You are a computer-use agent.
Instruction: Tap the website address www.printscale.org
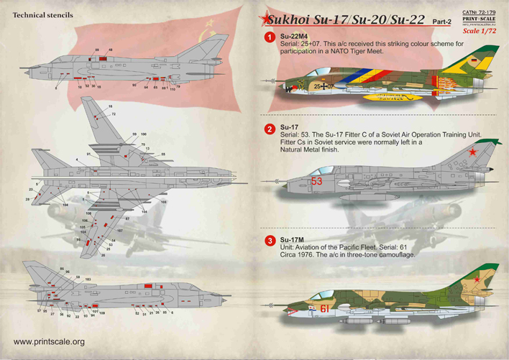tap(49, 342)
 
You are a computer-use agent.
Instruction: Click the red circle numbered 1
tap(268, 37)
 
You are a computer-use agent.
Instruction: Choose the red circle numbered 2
tap(268, 129)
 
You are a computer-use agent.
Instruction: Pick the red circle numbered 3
tap(268, 240)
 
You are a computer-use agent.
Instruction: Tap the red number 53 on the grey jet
tap(317, 182)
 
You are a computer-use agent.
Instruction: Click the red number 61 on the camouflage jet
tap(325, 309)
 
